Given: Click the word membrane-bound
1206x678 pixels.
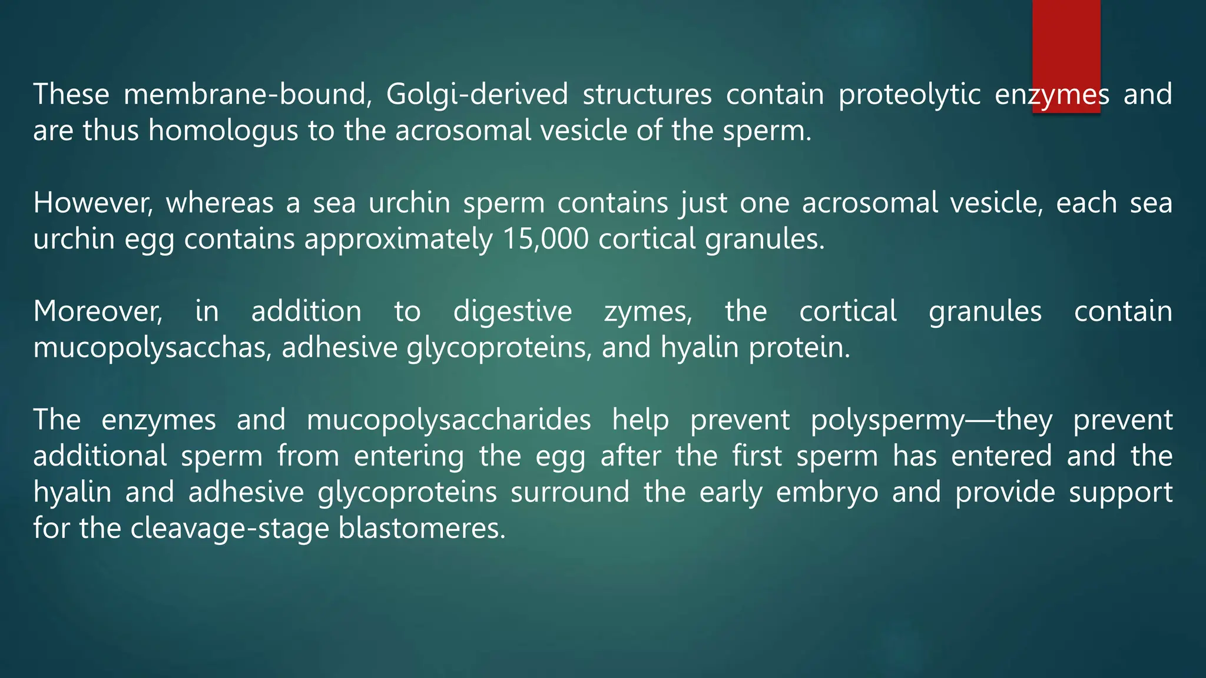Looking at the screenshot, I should (x=247, y=94).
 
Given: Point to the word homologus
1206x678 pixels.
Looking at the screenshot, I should (x=223, y=131).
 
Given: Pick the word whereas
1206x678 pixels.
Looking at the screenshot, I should (x=219, y=203).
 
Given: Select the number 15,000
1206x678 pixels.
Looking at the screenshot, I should (x=545, y=240).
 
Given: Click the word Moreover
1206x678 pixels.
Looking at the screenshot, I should (x=98, y=312).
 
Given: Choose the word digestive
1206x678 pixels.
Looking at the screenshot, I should (x=512, y=312).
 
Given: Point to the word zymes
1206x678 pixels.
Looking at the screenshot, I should (x=648, y=313).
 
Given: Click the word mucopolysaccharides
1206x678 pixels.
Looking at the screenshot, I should (x=449, y=420).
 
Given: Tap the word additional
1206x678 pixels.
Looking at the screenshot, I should (x=100, y=456).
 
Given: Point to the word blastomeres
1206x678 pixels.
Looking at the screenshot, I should (x=422, y=528).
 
